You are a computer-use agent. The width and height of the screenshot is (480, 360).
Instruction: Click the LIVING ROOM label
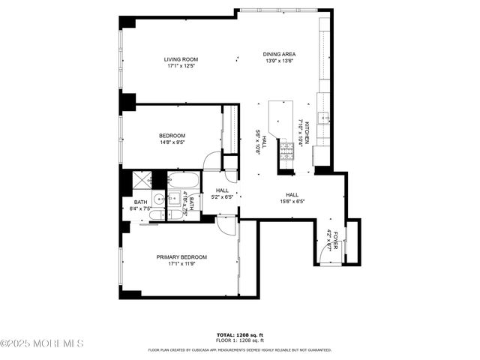tap(181, 59)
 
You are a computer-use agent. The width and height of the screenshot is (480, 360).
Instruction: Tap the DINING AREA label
tap(278, 54)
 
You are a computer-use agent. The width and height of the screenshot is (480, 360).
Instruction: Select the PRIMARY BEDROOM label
tap(181, 257)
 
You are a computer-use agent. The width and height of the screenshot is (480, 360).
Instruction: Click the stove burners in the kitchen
tap(286, 152)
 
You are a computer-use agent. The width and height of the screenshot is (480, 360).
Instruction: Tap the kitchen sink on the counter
tap(323, 117)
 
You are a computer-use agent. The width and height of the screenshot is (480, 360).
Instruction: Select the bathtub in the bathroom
tap(183, 181)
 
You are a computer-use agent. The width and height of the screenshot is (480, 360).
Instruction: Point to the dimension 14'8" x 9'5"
tap(172, 142)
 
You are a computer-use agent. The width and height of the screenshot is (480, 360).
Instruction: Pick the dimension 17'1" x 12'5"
tap(181, 66)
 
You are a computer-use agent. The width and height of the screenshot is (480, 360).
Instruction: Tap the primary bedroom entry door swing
tap(226, 226)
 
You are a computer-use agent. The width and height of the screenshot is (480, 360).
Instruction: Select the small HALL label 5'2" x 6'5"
tap(222, 194)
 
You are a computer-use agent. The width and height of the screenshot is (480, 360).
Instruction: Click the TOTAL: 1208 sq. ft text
tap(239, 335)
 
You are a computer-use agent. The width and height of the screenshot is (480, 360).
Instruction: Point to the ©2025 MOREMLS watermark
tap(42, 343)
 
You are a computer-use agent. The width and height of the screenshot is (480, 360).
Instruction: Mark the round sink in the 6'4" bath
tap(159, 199)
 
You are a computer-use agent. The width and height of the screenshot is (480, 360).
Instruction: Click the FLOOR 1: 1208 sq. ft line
tap(239, 341)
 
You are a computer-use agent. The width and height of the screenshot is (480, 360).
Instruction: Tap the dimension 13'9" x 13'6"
tap(278, 61)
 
